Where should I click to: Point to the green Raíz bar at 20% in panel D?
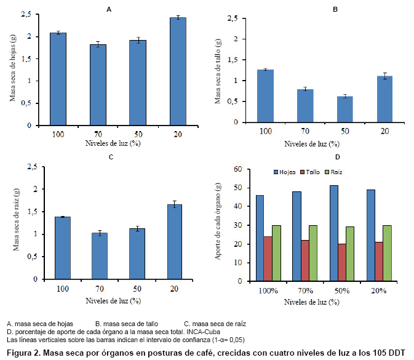point(386,253)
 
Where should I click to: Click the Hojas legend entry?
point(284,172)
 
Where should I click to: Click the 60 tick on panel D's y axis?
point(238,169)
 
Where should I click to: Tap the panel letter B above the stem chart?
point(335,9)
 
